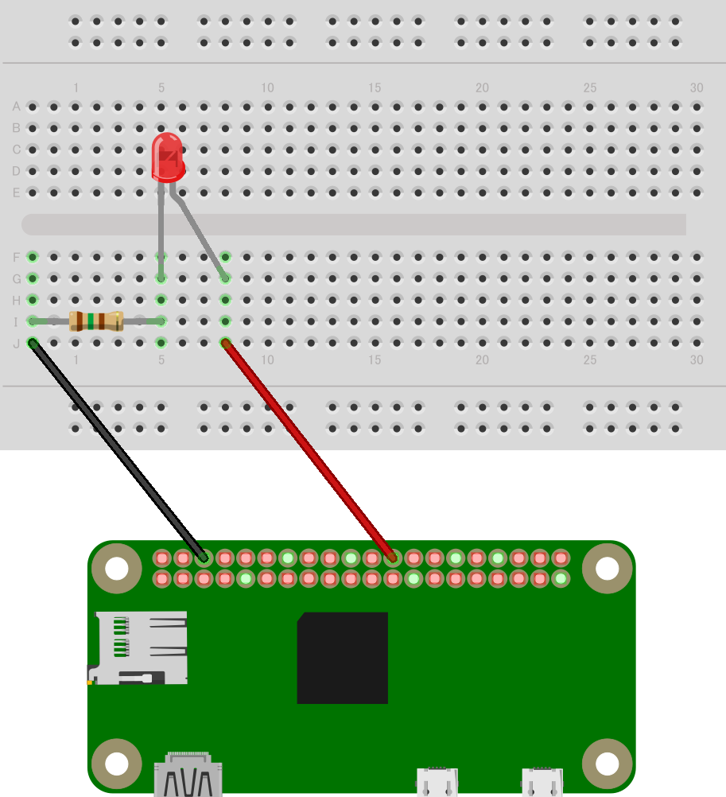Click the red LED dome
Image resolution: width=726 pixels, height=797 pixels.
pos(168,157)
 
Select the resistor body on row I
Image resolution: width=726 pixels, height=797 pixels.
pos(96,321)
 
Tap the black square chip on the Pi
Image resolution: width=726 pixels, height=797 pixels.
pos(343,658)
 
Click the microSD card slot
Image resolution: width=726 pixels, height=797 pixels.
pos(138,648)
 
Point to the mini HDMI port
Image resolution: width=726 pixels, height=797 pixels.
pos(188,774)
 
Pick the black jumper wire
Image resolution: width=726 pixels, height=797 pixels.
pos(118,450)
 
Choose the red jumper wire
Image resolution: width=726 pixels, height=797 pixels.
pos(309,450)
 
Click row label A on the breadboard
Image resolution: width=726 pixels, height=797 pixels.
pos(16,107)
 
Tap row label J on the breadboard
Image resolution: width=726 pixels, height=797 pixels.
pos(16,344)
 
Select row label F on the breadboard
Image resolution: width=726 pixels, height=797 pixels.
pos(16,257)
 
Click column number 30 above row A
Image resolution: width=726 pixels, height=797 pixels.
pos(697,88)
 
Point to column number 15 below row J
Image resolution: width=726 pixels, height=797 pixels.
pos(375,360)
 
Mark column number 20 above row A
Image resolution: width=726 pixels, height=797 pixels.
pos(482,88)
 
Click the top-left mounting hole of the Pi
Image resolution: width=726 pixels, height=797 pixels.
pos(116,568)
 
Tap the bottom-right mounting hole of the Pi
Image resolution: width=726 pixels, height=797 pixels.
pos(607,764)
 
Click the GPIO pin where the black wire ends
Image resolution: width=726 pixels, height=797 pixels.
pos(204,558)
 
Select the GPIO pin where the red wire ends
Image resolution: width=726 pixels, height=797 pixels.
pos(392,558)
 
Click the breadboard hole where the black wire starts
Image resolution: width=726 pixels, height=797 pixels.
pos(33,343)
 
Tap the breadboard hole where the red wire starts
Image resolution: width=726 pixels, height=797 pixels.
pos(226,343)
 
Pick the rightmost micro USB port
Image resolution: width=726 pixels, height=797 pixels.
pos(542,782)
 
